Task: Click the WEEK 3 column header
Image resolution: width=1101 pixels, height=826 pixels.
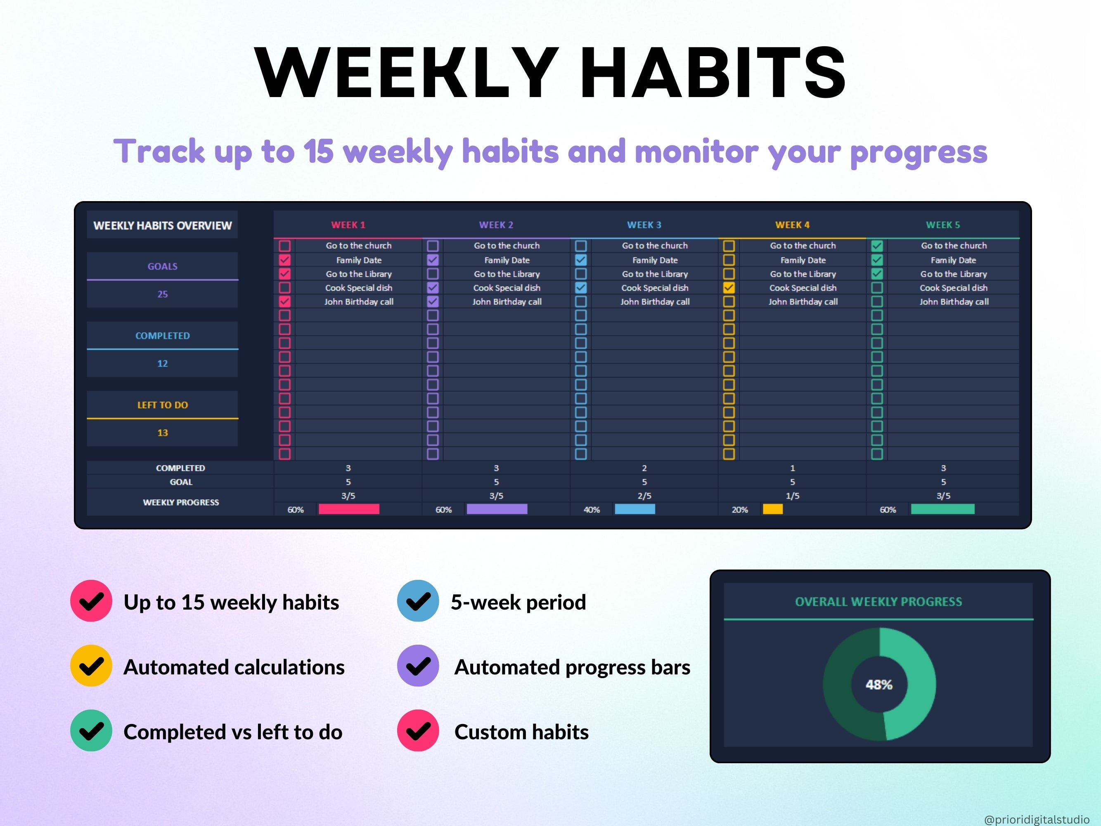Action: coord(644,225)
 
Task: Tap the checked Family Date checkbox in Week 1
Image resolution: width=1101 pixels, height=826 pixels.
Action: coord(285,260)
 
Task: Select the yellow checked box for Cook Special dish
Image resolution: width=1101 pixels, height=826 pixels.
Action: coord(729,288)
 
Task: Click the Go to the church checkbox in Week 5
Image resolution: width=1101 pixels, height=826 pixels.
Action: coord(877,246)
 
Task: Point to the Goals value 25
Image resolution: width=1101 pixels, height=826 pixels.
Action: coord(162,294)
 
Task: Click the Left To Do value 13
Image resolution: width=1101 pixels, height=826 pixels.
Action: coord(162,433)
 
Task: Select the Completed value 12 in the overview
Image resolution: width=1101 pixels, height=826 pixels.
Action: coord(162,363)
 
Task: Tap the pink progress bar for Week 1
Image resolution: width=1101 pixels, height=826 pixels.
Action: coord(349,509)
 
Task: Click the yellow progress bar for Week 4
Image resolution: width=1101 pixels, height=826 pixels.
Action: coord(772,509)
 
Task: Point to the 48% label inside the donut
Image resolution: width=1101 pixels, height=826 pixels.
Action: coord(879,685)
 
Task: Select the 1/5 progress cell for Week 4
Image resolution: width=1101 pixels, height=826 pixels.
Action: coord(792,496)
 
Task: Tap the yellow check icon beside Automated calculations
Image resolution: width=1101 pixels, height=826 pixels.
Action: coord(91,666)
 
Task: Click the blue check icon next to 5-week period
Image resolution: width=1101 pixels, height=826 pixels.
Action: coord(418,601)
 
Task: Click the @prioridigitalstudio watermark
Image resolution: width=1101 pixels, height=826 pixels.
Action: coord(1036,819)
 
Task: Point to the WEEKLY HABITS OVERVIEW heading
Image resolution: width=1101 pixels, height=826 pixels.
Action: coord(162,225)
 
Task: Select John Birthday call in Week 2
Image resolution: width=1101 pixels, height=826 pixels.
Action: coord(507,302)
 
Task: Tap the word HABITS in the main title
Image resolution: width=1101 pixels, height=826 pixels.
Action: coord(713,72)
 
